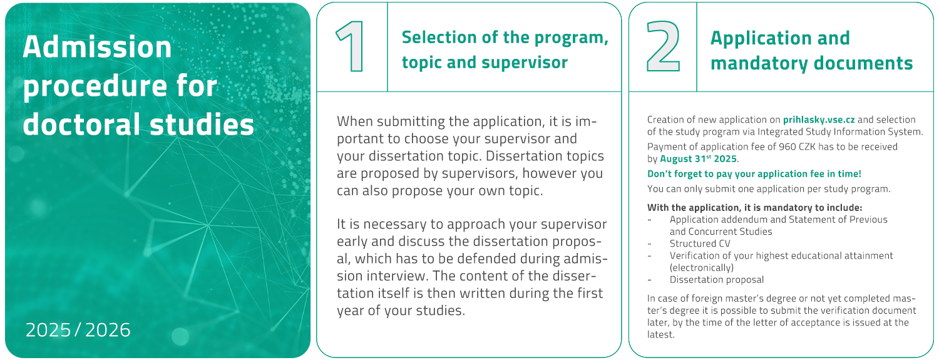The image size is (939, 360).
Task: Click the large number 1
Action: (x=351, y=46)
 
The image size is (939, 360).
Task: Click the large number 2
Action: (x=663, y=46)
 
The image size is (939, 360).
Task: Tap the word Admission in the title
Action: (x=97, y=46)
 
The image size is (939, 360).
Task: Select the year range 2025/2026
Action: (x=78, y=330)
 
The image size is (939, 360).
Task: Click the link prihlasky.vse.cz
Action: (x=819, y=120)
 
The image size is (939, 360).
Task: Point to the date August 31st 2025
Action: (x=699, y=159)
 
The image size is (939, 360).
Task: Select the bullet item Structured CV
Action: (x=700, y=244)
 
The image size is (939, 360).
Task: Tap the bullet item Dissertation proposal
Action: (x=716, y=279)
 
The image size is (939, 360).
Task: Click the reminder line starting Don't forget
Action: (x=754, y=174)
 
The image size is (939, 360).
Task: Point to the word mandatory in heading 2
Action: (x=759, y=64)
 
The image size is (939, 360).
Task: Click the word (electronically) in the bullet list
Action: (x=701, y=268)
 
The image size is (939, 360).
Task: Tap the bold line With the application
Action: (x=754, y=207)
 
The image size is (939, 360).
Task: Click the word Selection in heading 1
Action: (x=439, y=38)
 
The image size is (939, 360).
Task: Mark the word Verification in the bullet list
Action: (x=695, y=255)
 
